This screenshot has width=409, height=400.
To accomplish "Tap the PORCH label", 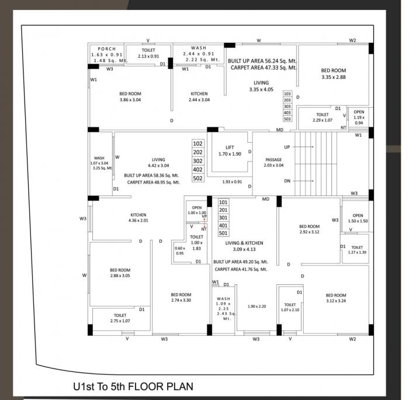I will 107,49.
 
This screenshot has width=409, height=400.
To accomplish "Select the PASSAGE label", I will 273,159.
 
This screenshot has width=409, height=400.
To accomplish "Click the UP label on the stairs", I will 287,147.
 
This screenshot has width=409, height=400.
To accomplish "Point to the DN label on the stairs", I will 287,181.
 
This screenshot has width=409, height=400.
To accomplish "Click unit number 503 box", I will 287,119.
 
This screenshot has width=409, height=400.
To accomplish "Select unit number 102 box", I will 198,143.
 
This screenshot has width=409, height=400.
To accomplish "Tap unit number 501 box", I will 223,233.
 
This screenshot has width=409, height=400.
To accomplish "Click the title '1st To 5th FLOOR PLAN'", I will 133,387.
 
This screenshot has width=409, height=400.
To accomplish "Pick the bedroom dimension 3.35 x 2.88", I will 334,77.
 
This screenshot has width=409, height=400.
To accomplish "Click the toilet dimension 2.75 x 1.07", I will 120,320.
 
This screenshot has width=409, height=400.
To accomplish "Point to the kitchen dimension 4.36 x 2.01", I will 138,220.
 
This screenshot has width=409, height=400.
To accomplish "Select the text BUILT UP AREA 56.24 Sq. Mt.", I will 262,60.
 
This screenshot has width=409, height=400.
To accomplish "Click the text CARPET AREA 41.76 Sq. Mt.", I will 241,269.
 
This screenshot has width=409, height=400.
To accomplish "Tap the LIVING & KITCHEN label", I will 244,243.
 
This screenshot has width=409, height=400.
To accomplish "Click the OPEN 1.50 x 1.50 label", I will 357,221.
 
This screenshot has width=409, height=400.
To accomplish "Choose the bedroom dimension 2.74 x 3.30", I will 181,300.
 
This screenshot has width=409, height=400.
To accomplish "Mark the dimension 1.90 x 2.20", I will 257,306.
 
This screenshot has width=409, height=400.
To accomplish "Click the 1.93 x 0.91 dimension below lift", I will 232,182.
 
